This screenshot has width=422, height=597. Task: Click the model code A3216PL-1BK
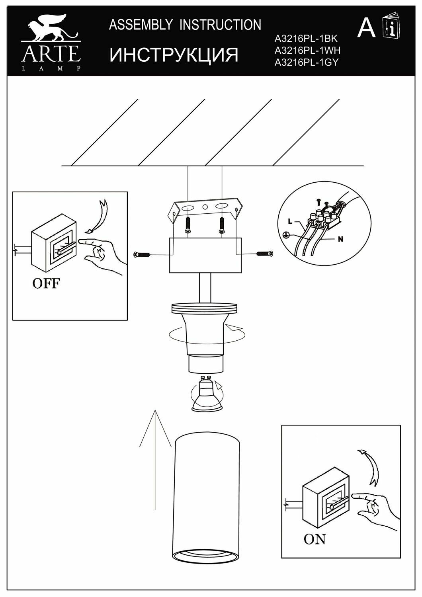tap(306, 39)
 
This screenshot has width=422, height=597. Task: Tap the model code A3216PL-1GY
tap(307, 62)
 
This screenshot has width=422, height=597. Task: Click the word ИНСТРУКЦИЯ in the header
tap(174, 55)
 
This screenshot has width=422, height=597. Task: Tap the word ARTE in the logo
tap(51, 54)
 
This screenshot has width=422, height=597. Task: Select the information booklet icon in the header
tap(391, 26)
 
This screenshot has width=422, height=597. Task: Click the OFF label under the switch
tap(46, 284)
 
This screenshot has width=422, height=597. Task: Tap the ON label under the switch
tap(315, 539)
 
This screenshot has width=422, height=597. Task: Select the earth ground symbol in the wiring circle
tap(285, 235)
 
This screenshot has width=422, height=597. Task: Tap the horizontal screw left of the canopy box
tap(142, 254)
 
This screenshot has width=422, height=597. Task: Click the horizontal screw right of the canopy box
tap(265, 253)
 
